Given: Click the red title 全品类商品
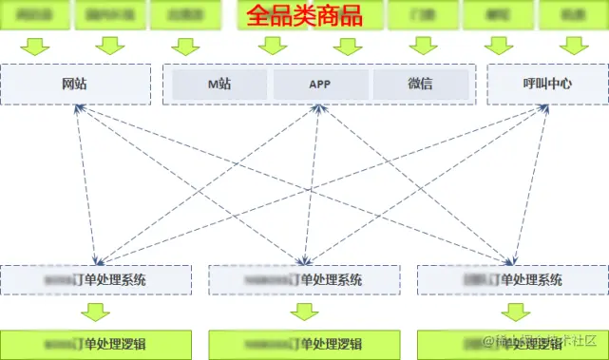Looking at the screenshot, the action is pos(304,16).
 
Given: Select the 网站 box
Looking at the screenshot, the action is pos(75,84).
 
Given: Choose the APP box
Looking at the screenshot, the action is pos(319,84).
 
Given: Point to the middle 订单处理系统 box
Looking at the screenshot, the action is pos(304,279).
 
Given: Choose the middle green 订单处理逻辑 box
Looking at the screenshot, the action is pos(304,344).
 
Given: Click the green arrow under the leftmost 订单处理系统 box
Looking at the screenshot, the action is pos(95,312).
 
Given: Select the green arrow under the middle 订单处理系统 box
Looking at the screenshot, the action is pos(304,312).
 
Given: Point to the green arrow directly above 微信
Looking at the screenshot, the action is pos(420,46).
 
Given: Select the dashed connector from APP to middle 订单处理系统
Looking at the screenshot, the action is pos(311,180).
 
